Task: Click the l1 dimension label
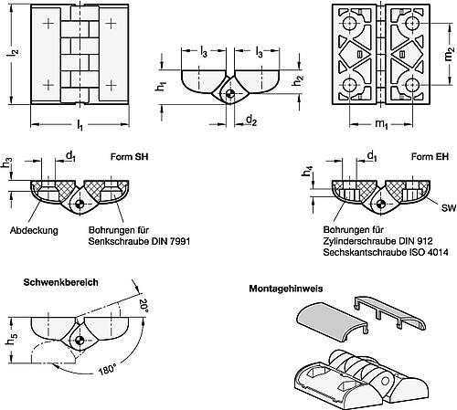[80, 123]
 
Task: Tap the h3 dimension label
[6, 164]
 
